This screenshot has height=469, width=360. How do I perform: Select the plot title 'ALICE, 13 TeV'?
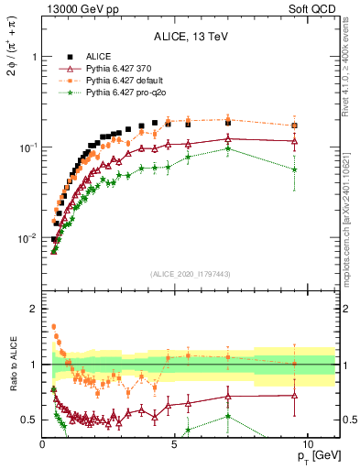(191, 37)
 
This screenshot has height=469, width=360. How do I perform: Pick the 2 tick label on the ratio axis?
(33, 309)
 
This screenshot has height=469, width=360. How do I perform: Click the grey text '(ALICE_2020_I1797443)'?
(191, 275)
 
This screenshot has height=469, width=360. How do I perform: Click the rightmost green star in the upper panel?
(294, 169)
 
